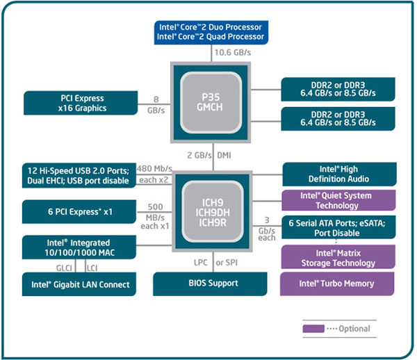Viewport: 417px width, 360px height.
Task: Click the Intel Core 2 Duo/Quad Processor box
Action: point(211,31)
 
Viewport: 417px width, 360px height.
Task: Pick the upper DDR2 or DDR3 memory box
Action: point(338,89)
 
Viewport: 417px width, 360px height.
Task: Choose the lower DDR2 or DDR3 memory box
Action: point(338,118)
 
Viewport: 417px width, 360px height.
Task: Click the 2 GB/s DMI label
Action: point(211,155)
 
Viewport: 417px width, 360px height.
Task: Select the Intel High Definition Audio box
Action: point(338,174)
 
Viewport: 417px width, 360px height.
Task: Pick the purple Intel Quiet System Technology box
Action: point(338,201)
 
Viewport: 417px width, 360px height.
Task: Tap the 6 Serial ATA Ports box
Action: point(338,228)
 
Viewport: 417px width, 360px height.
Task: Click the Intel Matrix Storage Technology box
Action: point(338,257)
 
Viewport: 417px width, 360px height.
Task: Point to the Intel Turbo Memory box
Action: point(338,284)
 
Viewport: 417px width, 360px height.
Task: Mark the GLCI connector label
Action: point(65,267)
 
